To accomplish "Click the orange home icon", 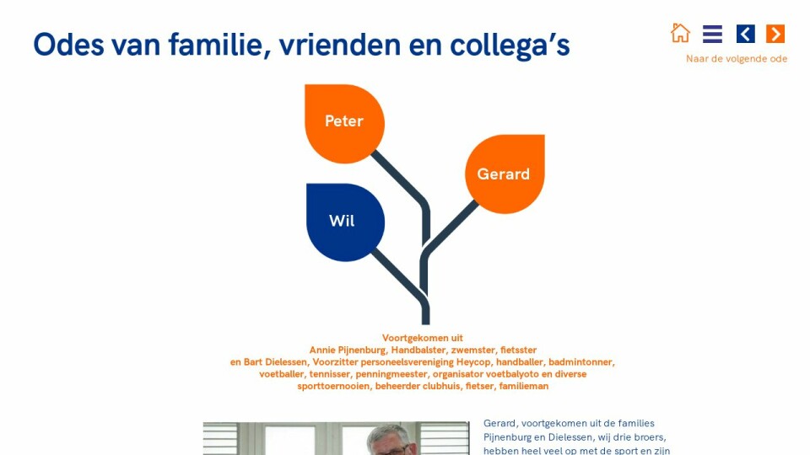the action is [680, 33].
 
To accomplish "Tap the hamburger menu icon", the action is [712, 34].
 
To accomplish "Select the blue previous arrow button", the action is [745, 34].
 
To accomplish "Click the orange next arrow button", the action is [775, 34].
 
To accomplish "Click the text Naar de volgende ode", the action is [737, 59].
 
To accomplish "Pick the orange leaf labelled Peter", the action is [344, 124].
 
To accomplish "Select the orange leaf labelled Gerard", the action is [505, 174].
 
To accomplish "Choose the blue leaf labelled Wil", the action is [346, 222].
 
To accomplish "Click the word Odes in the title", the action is [68, 45].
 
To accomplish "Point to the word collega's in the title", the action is [510, 45].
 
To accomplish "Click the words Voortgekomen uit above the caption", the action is [423, 338].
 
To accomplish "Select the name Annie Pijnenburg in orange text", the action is [348, 351].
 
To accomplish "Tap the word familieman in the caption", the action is [524, 386].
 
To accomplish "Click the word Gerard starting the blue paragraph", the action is [499, 424].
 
